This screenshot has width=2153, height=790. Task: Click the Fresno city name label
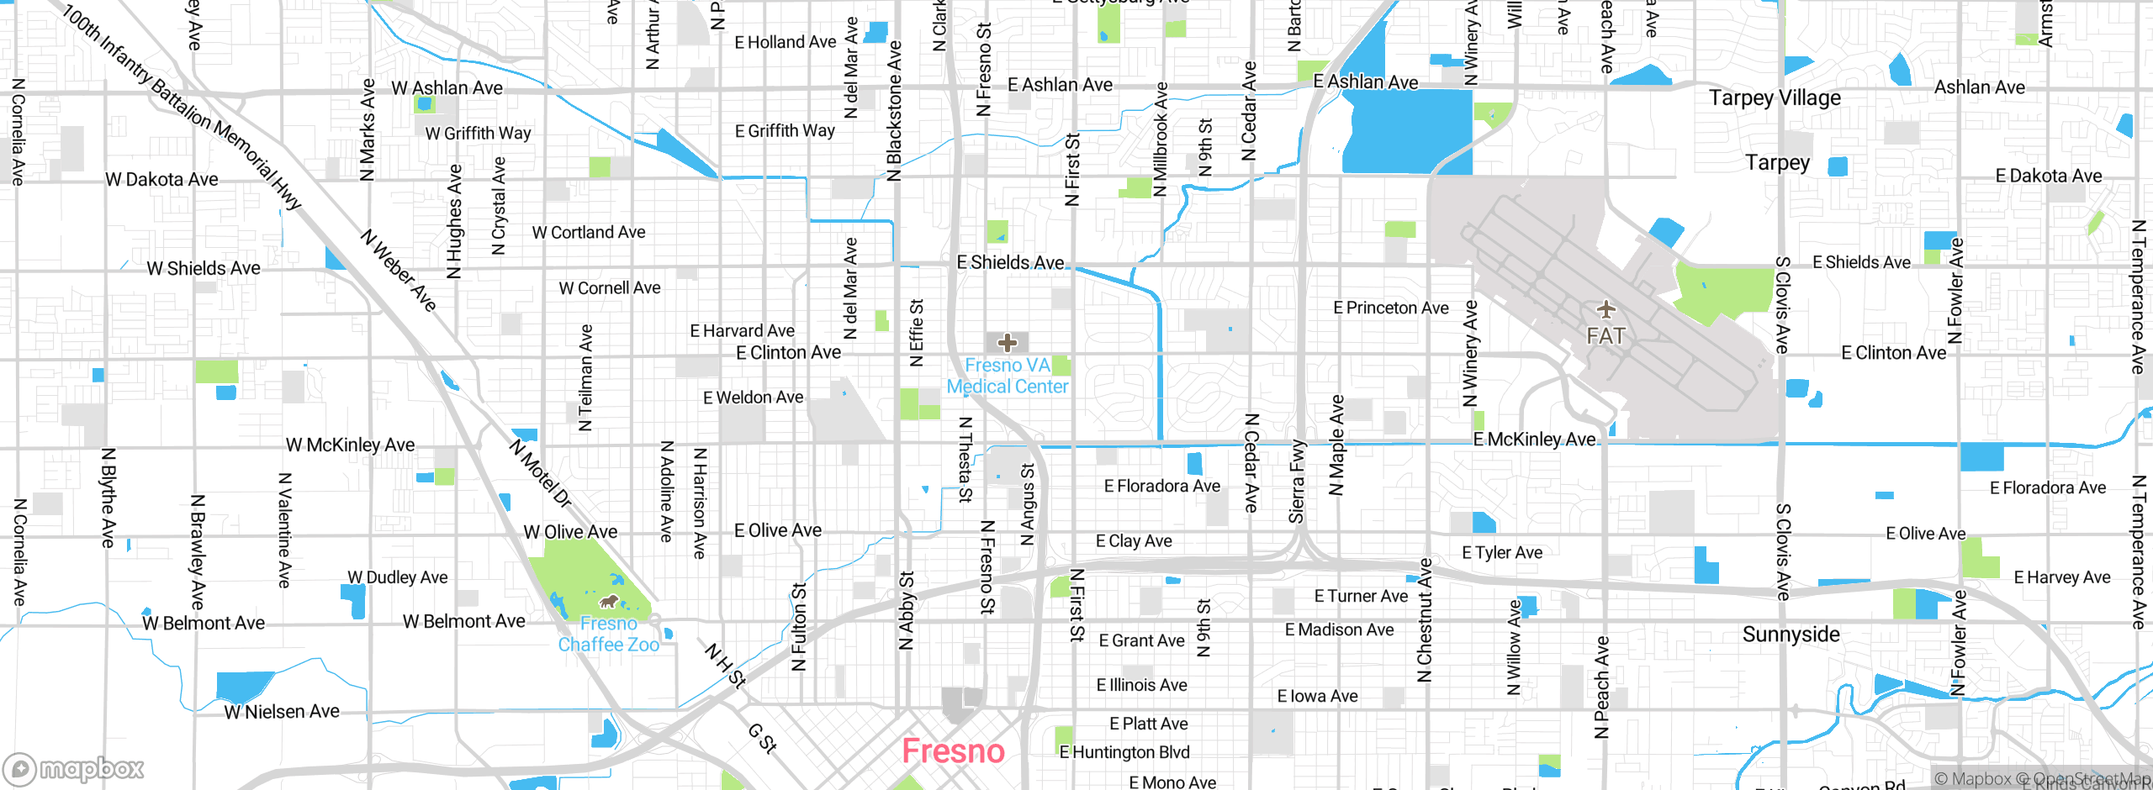[x=953, y=751]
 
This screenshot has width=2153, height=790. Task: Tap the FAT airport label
[x=1605, y=336]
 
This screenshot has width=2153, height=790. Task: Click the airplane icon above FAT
[x=1605, y=310]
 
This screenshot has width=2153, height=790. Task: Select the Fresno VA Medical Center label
[x=1008, y=376]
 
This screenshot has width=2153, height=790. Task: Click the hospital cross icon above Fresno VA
[x=1008, y=343]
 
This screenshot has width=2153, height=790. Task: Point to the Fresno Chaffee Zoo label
[x=608, y=635]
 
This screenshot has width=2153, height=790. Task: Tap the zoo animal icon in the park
[x=608, y=602]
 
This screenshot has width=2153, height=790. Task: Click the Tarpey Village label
[x=1775, y=98]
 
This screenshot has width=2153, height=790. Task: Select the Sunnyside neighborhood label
[x=1791, y=635]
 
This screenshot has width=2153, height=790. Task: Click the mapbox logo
[x=74, y=769]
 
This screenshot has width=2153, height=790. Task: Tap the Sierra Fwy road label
[x=1297, y=481]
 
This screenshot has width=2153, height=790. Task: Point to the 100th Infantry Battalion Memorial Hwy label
[x=180, y=107]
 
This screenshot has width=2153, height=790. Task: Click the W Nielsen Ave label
[x=282, y=712]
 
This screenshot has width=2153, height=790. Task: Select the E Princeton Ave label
[x=1390, y=308]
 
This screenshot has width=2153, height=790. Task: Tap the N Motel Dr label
[x=540, y=472]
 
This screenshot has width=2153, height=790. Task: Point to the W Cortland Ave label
[x=589, y=233]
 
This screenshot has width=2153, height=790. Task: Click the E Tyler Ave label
[x=1502, y=553]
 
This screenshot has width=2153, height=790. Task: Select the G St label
[x=762, y=738]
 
